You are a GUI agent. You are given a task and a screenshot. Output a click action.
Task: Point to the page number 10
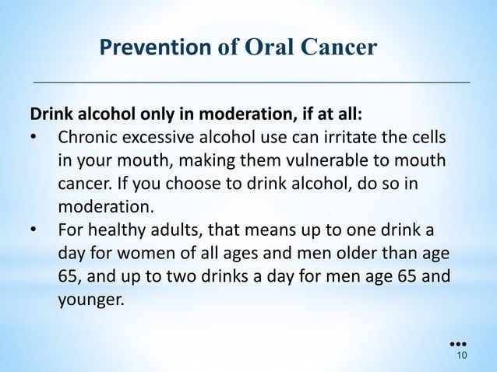[461, 356]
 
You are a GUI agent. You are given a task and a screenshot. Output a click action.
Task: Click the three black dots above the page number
[459, 342]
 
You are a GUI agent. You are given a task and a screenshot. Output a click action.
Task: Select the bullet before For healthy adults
[33, 231]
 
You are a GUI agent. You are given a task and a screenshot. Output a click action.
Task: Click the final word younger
[90, 300]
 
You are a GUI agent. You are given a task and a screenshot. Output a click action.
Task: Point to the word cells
[428, 139]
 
